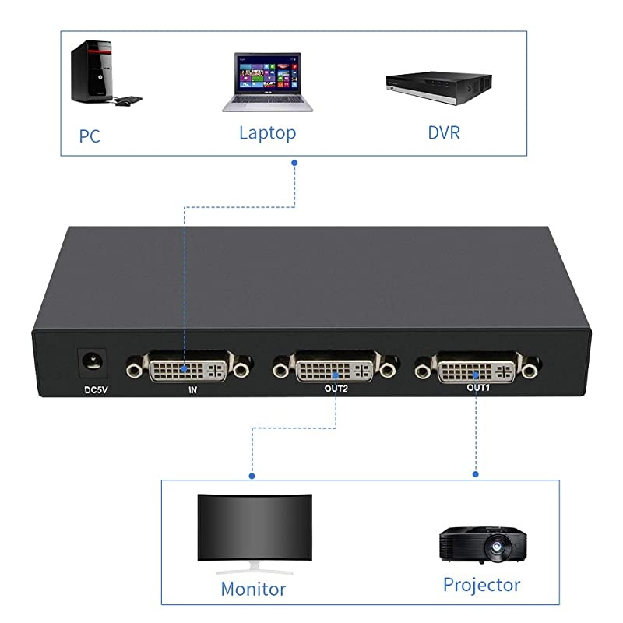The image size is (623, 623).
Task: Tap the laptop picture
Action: [x=267, y=83]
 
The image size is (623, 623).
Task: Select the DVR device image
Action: [x=439, y=88]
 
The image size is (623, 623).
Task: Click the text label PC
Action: [x=90, y=136]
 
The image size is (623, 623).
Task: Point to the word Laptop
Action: [x=267, y=132]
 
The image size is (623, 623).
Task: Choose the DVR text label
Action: [x=444, y=132]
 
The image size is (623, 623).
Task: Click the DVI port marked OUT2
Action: [x=335, y=367]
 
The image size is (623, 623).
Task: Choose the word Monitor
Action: [x=253, y=589]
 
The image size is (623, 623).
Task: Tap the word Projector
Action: [x=481, y=584]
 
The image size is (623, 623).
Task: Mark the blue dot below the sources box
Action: [x=294, y=163]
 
